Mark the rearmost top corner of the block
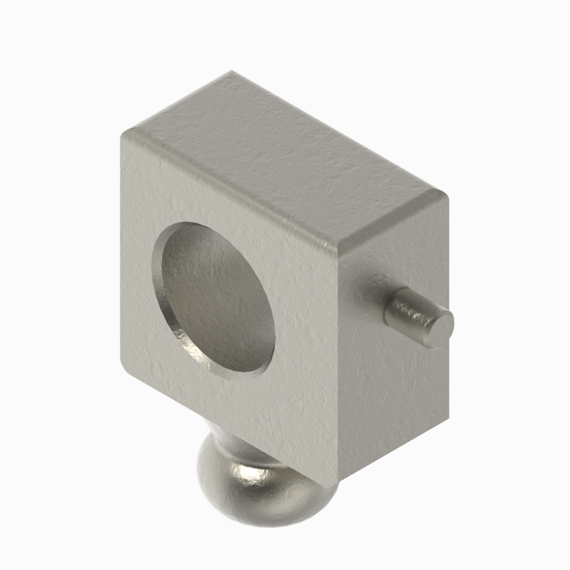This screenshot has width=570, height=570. (x=232, y=71)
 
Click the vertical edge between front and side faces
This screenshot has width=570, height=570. (x=337, y=369)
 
